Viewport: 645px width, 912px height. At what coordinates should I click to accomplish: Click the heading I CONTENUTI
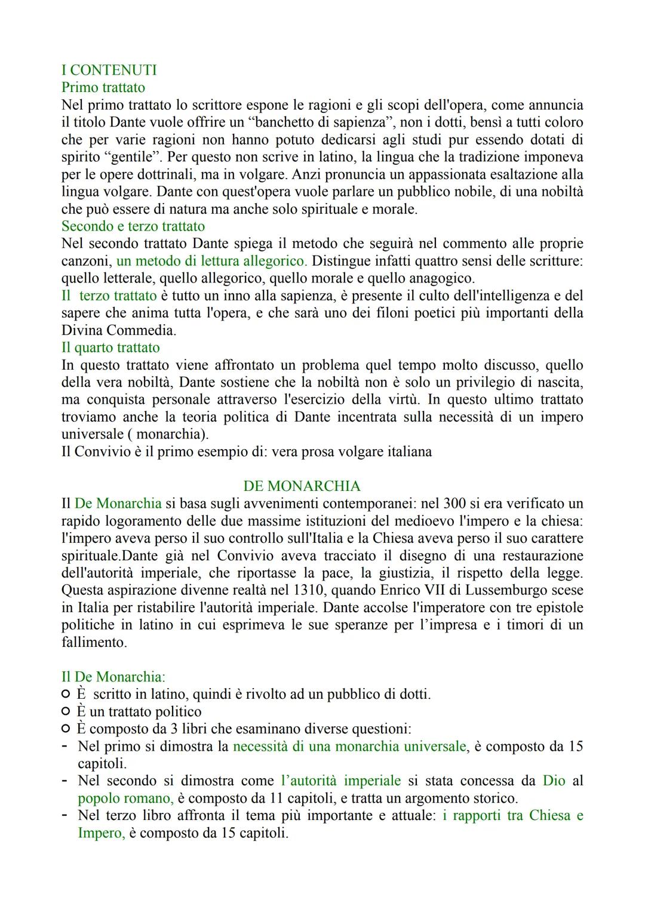click(109, 70)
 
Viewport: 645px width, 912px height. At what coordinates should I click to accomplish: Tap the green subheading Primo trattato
click(103, 88)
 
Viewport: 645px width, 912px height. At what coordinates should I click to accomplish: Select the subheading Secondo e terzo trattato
click(133, 226)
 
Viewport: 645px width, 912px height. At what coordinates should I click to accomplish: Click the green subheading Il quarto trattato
click(110, 348)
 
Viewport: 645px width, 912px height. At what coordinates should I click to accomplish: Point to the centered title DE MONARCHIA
click(302, 486)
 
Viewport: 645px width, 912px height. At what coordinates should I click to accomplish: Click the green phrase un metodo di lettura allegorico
click(211, 261)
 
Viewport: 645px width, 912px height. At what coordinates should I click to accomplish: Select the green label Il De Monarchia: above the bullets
click(113, 677)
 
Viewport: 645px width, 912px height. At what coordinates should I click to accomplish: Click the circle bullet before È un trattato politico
click(66, 712)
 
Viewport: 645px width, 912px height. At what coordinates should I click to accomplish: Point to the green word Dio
click(554, 781)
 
